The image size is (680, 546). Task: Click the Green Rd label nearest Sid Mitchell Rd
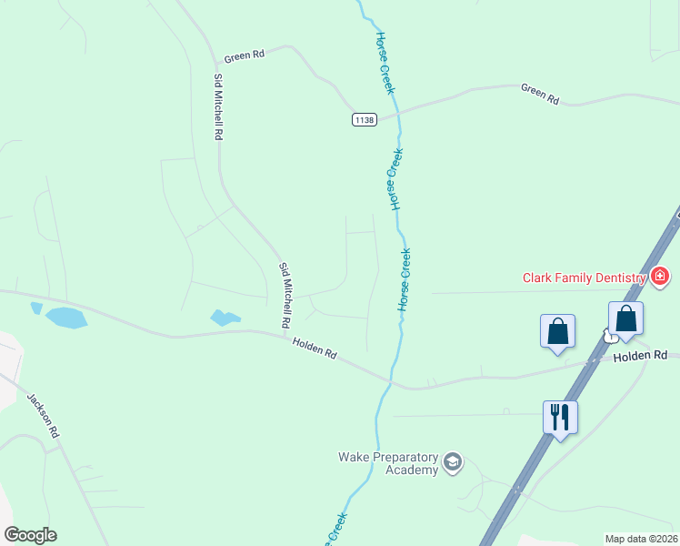(x=245, y=56)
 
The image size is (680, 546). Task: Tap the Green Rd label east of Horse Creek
(x=540, y=93)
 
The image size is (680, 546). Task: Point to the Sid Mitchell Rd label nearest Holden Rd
(x=285, y=295)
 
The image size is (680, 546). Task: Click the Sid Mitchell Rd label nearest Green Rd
(x=218, y=106)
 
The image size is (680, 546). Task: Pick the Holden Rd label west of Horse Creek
(x=315, y=348)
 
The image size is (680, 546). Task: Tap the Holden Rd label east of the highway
(x=640, y=356)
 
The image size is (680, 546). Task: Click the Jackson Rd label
(x=43, y=416)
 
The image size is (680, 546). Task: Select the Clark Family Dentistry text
(x=583, y=278)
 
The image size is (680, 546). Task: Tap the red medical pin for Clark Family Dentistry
(x=660, y=276)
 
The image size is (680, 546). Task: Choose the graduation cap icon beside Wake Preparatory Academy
(x=452, y=464)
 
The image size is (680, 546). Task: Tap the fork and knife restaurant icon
(x=560, y=417)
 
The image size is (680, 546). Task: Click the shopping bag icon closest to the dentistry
(x=625, y=318)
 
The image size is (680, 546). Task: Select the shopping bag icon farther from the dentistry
(x=558, y=331)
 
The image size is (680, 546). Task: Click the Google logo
(x=30, y=535)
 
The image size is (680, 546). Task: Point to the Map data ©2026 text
(x=640, y=539)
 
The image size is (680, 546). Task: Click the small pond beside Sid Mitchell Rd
(x=224, y=318)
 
